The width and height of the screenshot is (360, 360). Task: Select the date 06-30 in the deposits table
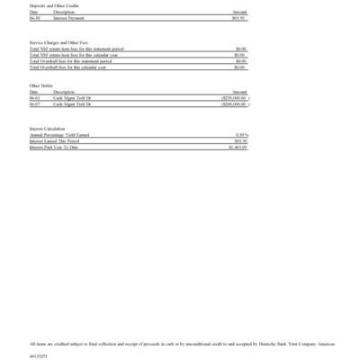tap(34, 16)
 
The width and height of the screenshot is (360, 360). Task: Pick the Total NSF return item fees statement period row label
tap(76, 49)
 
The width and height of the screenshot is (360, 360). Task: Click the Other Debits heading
tap(41, 85)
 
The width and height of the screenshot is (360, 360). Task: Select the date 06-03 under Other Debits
tap(34, 98)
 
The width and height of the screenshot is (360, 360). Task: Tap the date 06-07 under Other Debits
tap(34, 103)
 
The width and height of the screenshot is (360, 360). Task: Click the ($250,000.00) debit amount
tap(234, 98)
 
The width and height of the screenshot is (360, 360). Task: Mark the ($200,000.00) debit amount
tap(234, 103)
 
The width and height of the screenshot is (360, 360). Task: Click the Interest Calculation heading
tap(47, 129)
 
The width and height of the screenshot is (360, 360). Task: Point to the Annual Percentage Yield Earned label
tap(59, 135)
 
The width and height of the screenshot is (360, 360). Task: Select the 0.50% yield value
tap(241, 135)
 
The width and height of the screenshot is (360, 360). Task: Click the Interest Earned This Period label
tap(56, 140)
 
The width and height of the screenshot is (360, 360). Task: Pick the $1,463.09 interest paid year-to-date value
tap(238, 146)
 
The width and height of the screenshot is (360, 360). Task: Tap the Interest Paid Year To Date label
tap(56, 146)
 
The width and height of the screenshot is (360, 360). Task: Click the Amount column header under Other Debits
tap(239, 92)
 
